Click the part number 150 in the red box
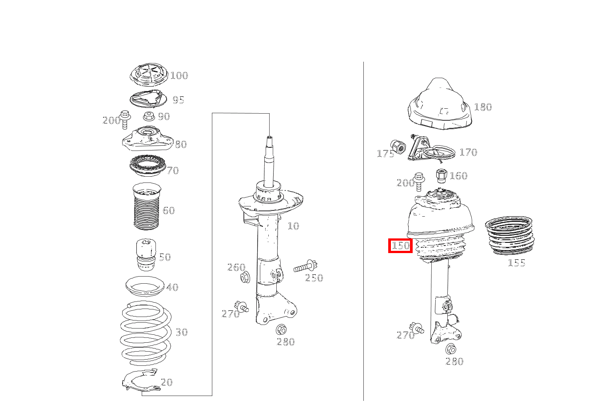[x=400, y=246]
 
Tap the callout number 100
[x=179, y=75]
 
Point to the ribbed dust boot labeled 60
[x=147, y=206]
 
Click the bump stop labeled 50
[x=146, y=255]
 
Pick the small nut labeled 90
[x=149, y=116]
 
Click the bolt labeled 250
[x=306, y=267]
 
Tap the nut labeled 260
[x=245, y=277]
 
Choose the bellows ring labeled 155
[x=509, y=236]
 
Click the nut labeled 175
[x=398, y=147]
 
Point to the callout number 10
[x=293, y=226]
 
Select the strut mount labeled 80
[x=147, y=139]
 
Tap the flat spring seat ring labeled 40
[x=145, y=287]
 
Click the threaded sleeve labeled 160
[x=441, y=176]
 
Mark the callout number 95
[x=178, y=100]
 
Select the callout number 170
[x=468, y=152]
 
